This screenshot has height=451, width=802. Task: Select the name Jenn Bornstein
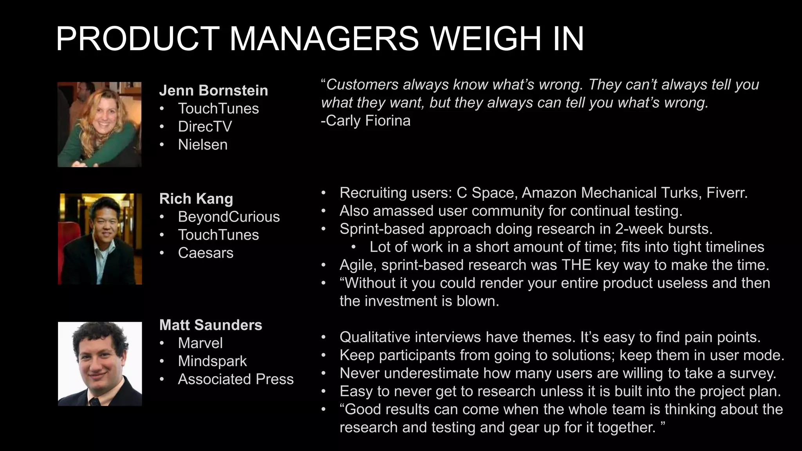tap(213, 90)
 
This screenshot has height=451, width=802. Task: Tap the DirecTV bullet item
tap(205, 126)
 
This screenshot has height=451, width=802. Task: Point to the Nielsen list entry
tap(202, 144)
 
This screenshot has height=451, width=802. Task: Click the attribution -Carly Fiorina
tap(365, 121)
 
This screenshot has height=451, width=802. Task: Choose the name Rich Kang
tap(196, 198)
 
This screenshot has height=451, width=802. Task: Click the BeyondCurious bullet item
tap(229, 216)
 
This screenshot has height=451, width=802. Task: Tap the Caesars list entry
tap(206, 253)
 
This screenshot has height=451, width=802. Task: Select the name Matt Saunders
tap(211, 325)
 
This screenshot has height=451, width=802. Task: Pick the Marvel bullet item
tap(200, 343)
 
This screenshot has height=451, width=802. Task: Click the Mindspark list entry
tap(212, 361)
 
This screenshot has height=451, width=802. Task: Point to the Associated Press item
tap(236, 379)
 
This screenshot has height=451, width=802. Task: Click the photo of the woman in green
tap(99, 124)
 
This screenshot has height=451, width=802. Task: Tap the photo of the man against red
tap(100, 239)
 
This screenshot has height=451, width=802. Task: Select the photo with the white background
tap(100, 364)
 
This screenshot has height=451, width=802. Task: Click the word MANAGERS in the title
tap(324, 39)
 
